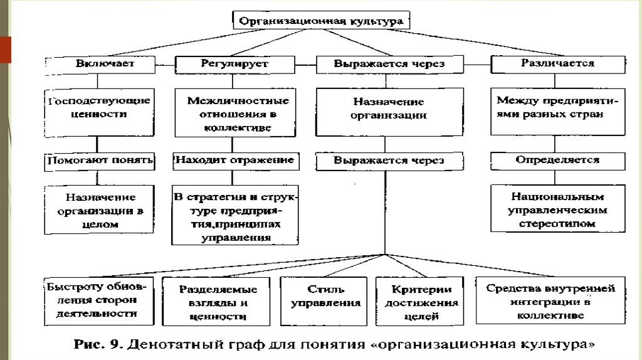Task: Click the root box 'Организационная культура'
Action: (x=321, y=21)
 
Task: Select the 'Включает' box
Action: (x=100, y=65)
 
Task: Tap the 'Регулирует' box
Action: (x=235, y=65)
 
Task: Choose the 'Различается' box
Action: (x=558, y=65)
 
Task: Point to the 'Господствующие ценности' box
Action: (x=100, y=113)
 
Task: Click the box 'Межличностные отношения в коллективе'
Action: (x=235, y=113)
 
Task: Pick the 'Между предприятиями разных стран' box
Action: (x=558, y=112)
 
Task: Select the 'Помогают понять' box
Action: (x=100, y=161)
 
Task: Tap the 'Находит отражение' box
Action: (x=236, y=161)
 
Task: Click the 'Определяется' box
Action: (x=558, y=161)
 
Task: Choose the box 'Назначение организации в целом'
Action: (x=99, y=209)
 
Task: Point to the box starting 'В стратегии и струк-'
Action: (x=235, y=215)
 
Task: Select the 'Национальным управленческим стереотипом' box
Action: (x=558, y=208)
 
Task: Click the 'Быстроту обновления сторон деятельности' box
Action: (x=99, y=302)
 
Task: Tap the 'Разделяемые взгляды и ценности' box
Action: (x=216, y=302)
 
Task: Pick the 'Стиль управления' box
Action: (x=324, y=302)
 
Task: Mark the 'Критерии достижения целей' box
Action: (x=419, y=302)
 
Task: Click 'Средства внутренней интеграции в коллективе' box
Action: (x=550, y=300)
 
